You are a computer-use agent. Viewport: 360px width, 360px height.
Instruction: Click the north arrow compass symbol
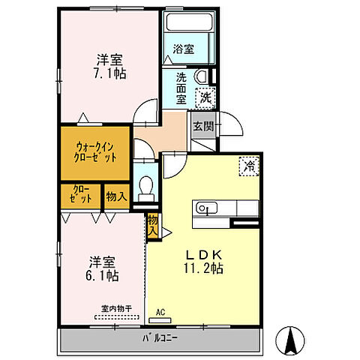tap(290, 340)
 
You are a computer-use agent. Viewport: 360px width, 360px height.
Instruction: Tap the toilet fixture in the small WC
tap(145, 189)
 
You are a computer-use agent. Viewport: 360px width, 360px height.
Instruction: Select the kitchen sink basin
tap(206, 208)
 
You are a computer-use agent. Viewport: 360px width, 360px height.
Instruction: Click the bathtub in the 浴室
tap(190, 22)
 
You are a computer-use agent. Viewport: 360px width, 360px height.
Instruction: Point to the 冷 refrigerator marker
tap(249, 166)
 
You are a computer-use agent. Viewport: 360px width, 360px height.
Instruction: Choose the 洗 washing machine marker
tap(205, 97)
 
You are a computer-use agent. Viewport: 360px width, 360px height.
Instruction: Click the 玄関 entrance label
tap(204, 127)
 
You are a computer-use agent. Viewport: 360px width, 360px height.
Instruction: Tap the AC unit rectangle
tap(160, 320)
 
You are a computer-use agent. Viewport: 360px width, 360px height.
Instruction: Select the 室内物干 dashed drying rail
tap(117, 317)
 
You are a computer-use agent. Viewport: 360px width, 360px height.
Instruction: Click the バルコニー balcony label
tap(160, 338)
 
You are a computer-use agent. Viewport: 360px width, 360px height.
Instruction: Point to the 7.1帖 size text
tap(109, 73)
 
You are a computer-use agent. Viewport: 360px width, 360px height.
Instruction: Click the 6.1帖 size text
tap(102, 276)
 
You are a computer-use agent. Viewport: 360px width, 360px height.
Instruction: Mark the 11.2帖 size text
tap(204, 268)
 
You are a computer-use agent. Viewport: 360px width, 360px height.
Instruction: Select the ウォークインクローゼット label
tap(95, 152)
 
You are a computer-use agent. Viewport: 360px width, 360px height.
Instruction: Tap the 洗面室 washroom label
tap(181, 88)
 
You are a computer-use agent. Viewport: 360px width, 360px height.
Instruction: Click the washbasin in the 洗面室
tap(202, 76)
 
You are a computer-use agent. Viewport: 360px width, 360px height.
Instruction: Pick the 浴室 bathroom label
tap(184, 49)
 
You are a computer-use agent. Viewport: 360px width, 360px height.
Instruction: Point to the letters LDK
tap(204, 255)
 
